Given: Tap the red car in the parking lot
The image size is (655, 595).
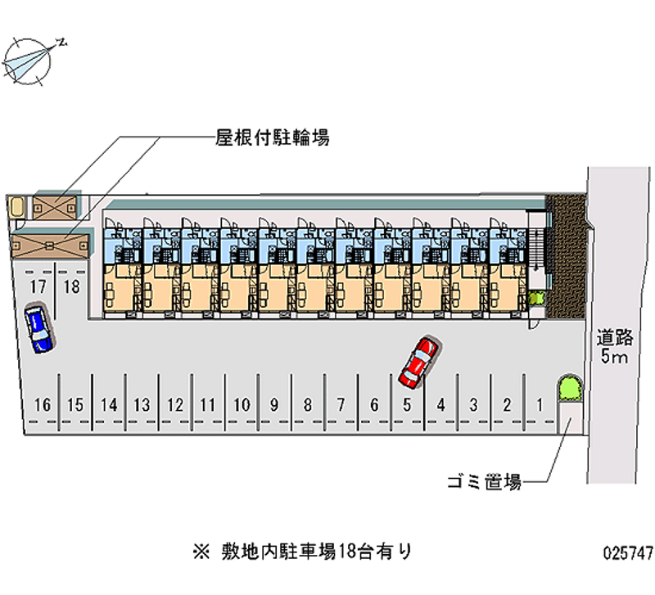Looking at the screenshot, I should point(418,361).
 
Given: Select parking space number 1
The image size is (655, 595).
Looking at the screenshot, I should point(539,403).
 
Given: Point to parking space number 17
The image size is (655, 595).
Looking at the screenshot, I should point(36,286).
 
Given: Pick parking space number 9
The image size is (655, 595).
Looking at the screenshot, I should point(274,404).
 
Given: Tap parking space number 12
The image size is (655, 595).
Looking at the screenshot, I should point(174,404).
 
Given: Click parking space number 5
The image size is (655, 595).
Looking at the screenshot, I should point(407,404).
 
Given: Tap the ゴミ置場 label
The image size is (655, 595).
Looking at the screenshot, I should point(484,482).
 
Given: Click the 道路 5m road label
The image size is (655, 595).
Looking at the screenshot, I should point(613,346).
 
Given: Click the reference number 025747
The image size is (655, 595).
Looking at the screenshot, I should point(624,553).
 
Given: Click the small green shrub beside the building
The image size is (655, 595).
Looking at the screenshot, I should point(536,298).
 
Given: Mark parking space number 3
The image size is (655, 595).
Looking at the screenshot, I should point(473,404).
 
